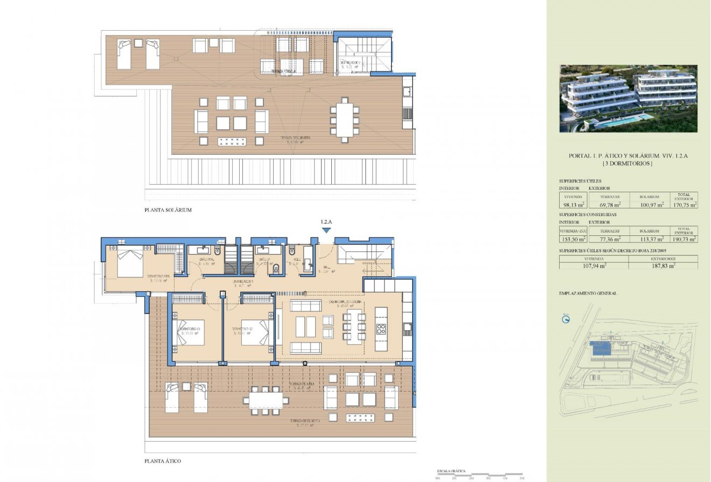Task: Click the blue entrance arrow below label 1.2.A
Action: pos(325,230)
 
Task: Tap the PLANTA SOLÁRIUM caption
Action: pos(168,210)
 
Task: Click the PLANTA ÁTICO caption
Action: pos(163,462)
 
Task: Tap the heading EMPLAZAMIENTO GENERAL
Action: pos(588,294)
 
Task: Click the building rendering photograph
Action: pos(628,99)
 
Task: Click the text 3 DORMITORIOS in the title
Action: pos(628,164)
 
